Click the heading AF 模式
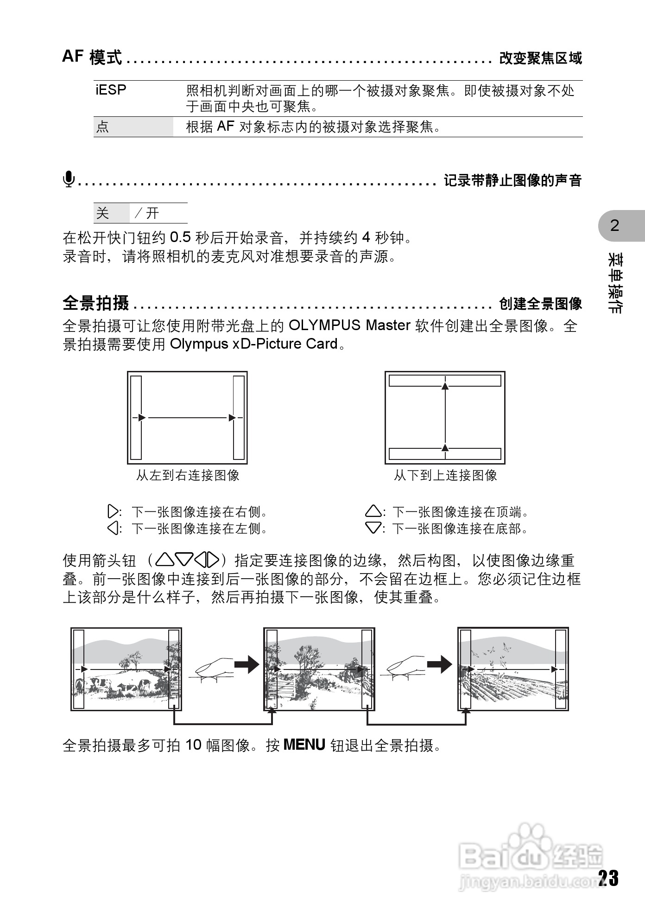tap(92, 57)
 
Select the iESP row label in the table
tap(111, 89)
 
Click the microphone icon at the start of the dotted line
tap(69, 179)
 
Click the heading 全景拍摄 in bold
tap(96, 303)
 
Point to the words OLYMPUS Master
tap(349, 325)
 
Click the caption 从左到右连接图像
tap(187, 475)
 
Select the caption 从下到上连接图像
tap(445, 475)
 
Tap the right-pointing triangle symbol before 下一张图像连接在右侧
tap(113, 512)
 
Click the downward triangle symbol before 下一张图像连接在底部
tap(373, 528)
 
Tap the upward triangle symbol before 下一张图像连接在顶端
tap(373, 512)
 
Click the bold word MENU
tap(304, 745)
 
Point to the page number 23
tap(608, 878)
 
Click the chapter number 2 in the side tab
tap(614, 225)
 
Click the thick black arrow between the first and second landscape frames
tap(247, 664)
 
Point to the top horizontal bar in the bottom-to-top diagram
tap(445, 381)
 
